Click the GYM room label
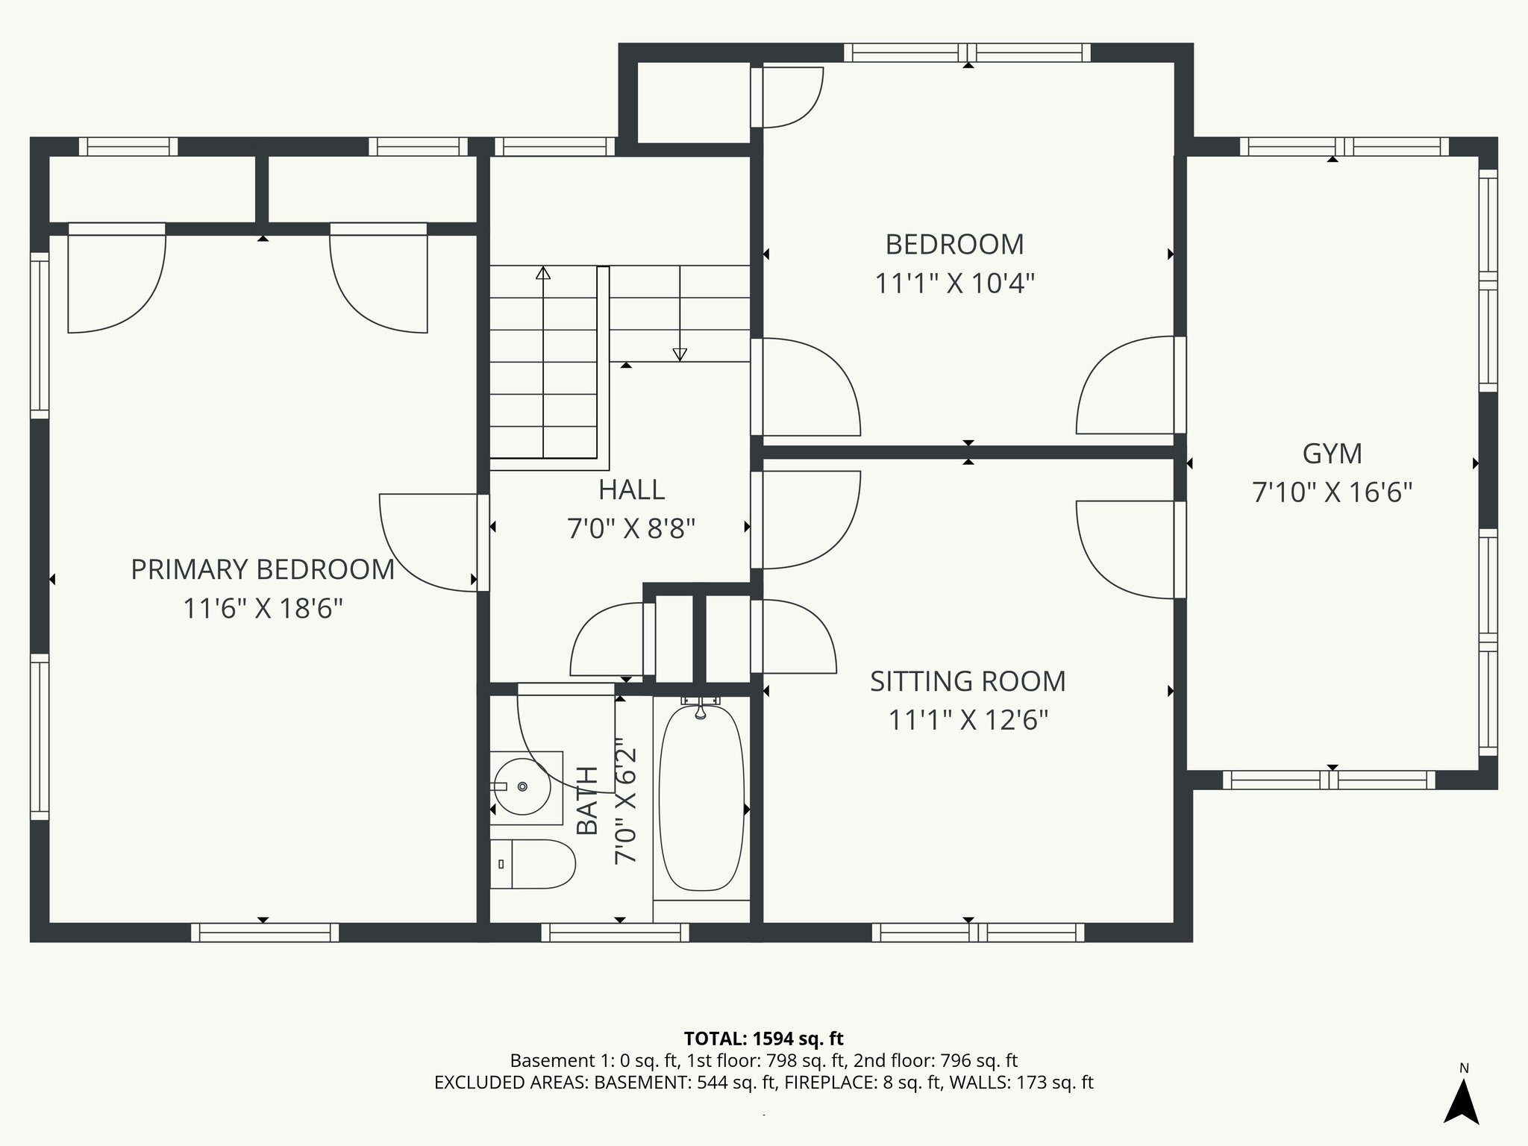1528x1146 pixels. (1332, 454)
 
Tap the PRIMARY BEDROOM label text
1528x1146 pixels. (262, 569)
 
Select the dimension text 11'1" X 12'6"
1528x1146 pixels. (968, 721)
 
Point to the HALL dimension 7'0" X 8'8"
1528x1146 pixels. (631, 529)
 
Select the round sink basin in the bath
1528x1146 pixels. (523, 786)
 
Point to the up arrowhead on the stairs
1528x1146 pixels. (543, 273)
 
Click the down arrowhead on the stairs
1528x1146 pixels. (680, 354)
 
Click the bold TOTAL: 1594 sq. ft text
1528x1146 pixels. (763, 1039)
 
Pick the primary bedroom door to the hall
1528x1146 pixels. (429, 542)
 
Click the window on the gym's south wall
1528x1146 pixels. (1329, 780)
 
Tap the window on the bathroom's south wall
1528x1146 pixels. (615, 933)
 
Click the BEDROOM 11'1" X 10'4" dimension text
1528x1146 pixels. (954, 284)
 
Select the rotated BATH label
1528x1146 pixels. (588, 801)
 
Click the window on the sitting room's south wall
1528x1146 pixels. (977, 933)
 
